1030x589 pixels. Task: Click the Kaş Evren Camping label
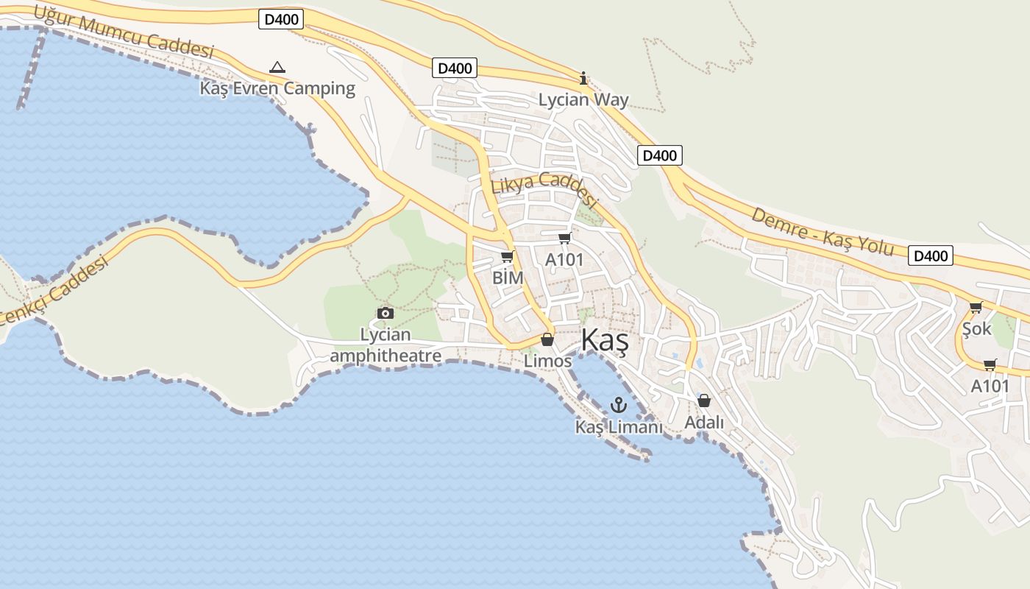[x=277, y=88]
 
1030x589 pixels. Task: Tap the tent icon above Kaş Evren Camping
[x=277, y=68]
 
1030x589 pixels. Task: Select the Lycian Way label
[x=583, y=99]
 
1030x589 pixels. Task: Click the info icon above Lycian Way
[x=583, y=78]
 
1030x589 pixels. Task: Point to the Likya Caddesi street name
[x=544, y=188]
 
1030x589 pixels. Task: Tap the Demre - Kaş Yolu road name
[x=823, y=231]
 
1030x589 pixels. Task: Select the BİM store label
[x=508, y=278]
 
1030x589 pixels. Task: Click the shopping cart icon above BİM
[x=507, y=257]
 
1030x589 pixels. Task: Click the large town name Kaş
[x=605, y=341]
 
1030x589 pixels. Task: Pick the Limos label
[x=547, y=361]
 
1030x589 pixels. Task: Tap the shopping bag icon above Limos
[x=547, y=339]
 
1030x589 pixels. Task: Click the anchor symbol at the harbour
[x=618, y=404]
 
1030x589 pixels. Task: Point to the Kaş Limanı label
[x=619, y=427]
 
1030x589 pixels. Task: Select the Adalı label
[x=704, y=423]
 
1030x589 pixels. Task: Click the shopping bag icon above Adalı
[x=704, y=401]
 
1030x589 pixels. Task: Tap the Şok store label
[x=977, y=328]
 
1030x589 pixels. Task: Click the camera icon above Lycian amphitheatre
[x=385, y=314]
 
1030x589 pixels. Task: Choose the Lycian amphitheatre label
[x=386, y=345]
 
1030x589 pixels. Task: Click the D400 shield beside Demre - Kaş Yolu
[x=930, y=255]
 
